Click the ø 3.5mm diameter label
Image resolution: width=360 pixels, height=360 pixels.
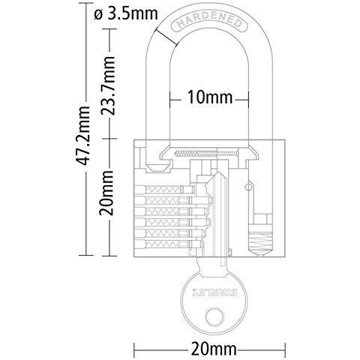click(x=126, y=14)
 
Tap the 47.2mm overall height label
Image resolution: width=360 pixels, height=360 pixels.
click(x=82, y=136)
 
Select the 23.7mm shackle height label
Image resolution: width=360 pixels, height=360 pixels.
click(x=108, y=85)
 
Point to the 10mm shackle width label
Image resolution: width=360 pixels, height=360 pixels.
click(x=210, y=97)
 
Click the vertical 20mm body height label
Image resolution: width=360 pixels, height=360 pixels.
click(x=106, y=193)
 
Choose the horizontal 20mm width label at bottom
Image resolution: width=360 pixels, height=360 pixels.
click(x=214, y=349)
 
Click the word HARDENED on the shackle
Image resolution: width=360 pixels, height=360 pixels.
click(x=209, y=22)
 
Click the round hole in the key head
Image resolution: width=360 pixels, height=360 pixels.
click(x=214, y=316)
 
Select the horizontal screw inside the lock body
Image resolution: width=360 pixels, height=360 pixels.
click(x=207, y=153)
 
